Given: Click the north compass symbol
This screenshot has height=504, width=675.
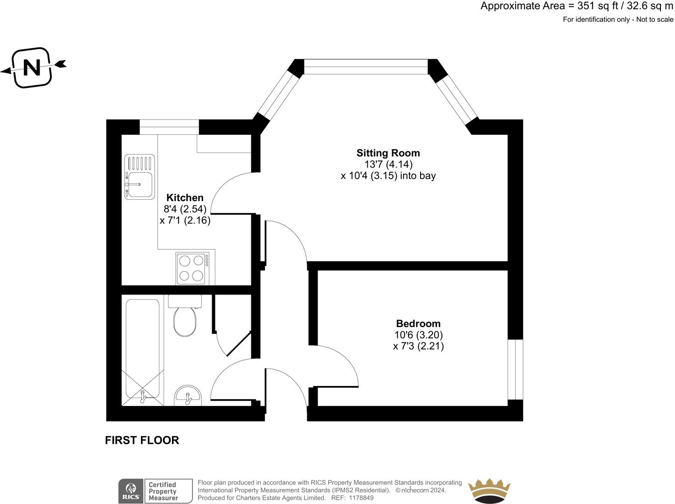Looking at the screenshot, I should click(32, 68).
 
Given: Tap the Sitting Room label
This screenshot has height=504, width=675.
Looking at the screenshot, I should click(388, 153).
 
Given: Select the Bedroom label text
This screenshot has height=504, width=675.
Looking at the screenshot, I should click(418, 323).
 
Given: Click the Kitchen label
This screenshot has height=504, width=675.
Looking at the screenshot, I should click(185, 198).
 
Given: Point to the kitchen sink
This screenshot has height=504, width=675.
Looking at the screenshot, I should click(139, 177).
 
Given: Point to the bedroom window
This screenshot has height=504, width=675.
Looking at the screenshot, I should click(515, 369).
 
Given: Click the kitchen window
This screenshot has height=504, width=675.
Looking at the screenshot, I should click(169, 126).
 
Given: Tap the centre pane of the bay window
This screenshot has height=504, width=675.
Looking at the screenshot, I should click(366, 67).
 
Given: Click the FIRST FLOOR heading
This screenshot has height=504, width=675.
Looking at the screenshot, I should click(142, 440).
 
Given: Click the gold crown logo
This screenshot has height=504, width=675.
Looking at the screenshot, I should click(489, 491).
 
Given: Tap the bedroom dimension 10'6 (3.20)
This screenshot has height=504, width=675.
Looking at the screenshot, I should click(418, 335).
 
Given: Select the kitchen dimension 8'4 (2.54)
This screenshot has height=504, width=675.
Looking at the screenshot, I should click(185, 209).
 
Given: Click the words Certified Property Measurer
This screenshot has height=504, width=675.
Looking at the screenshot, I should click(163, 491).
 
